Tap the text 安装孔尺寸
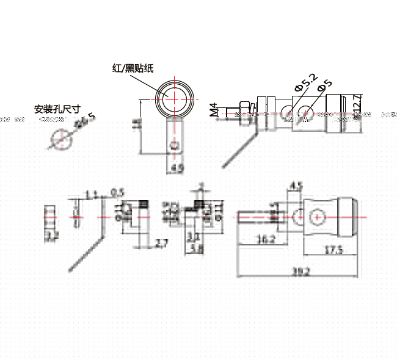click(x=57, y=110)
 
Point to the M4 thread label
click(x=213, y=109)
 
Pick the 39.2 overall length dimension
click(x=299, y=272)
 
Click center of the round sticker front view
click(x=175, y=98)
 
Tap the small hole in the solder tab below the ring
click(x=175, y=145)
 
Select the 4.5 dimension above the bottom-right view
click(x=296, y=185)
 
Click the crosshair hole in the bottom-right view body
click(x=318, y=217)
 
